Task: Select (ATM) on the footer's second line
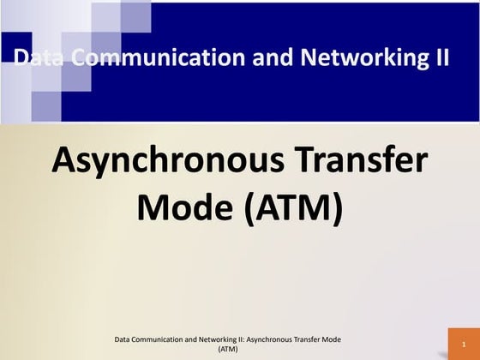pyautogui.click(x=227, y=350)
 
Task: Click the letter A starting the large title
pyautogui.click(x=65, y=160)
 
